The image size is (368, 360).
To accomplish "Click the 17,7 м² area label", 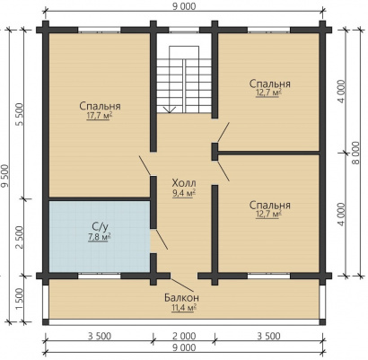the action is click(x=100, y=116).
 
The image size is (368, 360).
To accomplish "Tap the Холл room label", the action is click(x=184, y=182).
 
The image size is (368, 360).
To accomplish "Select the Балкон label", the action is click(x=181, y=297).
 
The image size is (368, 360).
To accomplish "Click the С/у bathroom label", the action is click(x=100, y=228).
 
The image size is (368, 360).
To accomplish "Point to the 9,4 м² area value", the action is click(x=184, y=194).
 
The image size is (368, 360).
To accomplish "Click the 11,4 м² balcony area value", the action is click(x=184, y=308).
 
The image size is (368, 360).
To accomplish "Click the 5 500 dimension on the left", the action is click(x=19, y=114).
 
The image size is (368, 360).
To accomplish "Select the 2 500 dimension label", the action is click(x=19, y=237).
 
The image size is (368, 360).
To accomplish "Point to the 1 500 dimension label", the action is click(x=19, y=300).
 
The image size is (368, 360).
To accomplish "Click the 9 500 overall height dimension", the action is click(x=4, y=176).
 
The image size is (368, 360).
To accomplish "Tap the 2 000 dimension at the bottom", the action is click(x=184, y=337).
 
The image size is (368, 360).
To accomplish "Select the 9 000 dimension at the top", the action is click(x=184, y=6).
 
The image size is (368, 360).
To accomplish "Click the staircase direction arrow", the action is click(x=170, y=110).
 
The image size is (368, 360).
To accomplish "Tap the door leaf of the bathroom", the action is click(x=162, y=240).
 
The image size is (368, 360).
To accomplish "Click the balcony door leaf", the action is click(x=181, y=285).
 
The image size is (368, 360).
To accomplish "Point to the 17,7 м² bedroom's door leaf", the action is click(x=145, y=165).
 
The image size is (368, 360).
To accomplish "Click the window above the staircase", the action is click(x=184, y=30).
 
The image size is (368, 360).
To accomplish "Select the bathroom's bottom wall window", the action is click(x=100, y=276).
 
